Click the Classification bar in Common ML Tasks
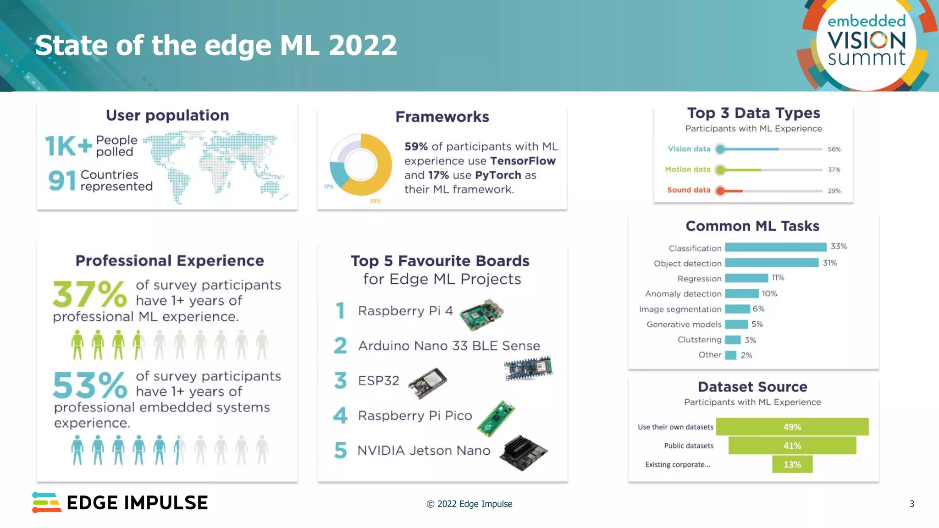pyautogui.click(x=775, y=247)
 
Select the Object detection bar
pyautogui.click(x=772, y=263)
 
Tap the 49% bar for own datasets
pyautogui.click(x=792, y=427)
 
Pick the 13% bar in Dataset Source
pyautogui.click(x=792, y=464)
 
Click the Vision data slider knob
pyautogui.click(x=720, y=149)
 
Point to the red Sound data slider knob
pyautogui.click(x=720, y=191)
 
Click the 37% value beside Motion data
pyautogui.click(x=834, y=170)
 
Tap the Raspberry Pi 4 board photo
pyautogui.click(x=481, y=314)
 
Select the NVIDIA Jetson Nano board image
pyautogui.click(x=523, y=452)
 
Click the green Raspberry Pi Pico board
pyautogui.click(x=496, y=418)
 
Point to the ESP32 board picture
pyautogui.click(x=427, y=382)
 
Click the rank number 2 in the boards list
pyautogui.click(x=340, y=346)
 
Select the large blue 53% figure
pyautogui.click(x=89, y=385)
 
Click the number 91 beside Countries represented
pyautogui.click(x=61, y=181)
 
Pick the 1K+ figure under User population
pyautogui.click(x=68, y=146)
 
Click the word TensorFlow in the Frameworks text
pyautogui.click(x=523, y=161)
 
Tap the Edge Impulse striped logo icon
pyautogui.click(x=46, y=502)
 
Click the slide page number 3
pyautogui.click(x=911, y=504)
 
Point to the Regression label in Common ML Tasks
pyautogui.click(x=699, y=279)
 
